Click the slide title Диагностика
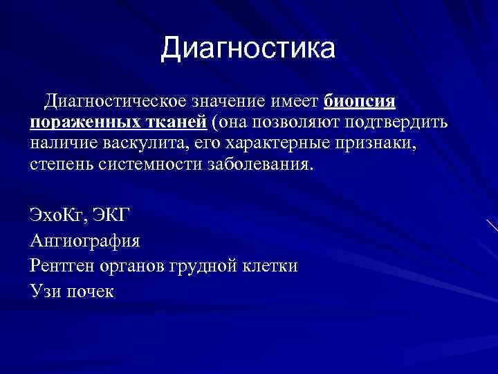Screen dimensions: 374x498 [x=248, y=48]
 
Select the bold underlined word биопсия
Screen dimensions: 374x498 [x=360, y=103]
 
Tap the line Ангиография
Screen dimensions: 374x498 [x=85, y=242]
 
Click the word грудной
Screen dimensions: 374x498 [x=202, y=265]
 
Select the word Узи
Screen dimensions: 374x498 [x=44, y=291]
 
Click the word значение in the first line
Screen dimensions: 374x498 [x=226, y=103]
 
